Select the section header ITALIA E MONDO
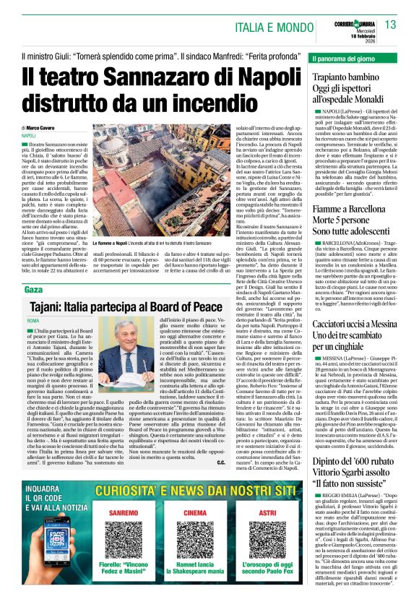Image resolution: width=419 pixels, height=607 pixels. [x=277, y=27]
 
